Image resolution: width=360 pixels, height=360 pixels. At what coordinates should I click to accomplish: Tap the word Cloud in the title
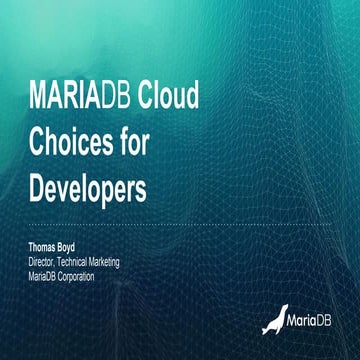coord(168,98)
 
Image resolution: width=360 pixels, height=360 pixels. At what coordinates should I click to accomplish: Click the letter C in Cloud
coord(144,98)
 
